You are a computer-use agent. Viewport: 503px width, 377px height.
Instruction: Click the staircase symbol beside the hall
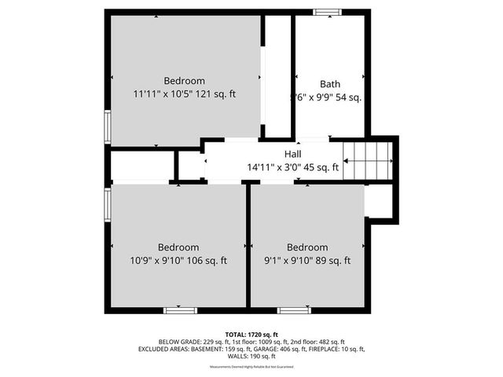pyautogui.click(x=369, y=160)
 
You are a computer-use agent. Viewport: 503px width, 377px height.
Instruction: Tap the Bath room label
pyautogui.click(x=330, y=84)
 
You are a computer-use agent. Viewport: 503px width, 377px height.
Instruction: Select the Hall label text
pyautogui.click(x=292, y=154)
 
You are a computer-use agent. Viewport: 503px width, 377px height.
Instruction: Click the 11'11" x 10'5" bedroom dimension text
pyautogui.click(x=185, y=93)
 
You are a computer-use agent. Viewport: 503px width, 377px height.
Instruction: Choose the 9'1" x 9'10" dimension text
pyautogui.click(x=307, y=261)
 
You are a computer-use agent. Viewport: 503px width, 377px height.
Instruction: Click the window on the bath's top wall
pyautogui.click(x=327, y=13)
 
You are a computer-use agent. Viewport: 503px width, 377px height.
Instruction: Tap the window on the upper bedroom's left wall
pyautogui.click(x=108, y=126)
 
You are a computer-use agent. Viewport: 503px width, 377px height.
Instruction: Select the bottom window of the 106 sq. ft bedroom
pyautogui.click(x=179, y=310)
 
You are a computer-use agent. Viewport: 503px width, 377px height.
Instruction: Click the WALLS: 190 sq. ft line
pyautogui.click(x=251, y=356)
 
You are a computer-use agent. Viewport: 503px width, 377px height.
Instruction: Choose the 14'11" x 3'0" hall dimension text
pyautogui.click(x=292, y=167)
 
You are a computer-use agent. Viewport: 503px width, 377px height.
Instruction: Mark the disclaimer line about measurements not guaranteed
pyautogui.click(x=251, y=367)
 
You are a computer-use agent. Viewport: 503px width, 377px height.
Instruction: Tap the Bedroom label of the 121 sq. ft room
pyautogui.click(x=185, y=81)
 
